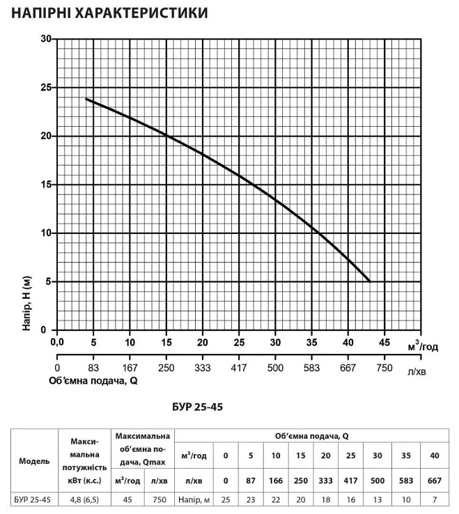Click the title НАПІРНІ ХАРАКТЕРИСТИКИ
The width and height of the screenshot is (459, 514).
point(109,13)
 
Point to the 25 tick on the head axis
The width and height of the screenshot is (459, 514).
point(46,88)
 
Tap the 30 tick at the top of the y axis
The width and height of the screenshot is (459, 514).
point(46,39)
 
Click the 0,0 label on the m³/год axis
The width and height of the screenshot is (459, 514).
point(57,342)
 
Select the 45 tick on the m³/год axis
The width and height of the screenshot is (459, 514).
point(384,342)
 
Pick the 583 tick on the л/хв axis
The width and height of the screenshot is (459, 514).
point(311,368)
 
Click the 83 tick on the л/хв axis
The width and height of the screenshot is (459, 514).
point(93,368)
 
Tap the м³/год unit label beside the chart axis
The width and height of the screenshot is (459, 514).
point(423,346)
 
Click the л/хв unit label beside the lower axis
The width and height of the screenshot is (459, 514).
point(417,372)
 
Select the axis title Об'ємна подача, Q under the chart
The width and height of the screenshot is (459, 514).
point(93,381)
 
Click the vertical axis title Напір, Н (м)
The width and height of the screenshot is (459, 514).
point(26,303)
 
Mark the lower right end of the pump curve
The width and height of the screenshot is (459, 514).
point(370,281)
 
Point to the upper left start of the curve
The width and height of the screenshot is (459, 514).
point(86,99)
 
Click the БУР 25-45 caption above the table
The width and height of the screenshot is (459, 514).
point(197,407)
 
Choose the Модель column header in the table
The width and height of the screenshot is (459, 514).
point(34,461)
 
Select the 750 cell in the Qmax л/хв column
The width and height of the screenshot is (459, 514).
point(160,499)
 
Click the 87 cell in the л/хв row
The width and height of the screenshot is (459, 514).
point(251,481)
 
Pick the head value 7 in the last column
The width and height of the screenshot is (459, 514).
point(435,499)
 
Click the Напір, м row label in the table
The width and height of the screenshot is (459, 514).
point(194,500)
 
